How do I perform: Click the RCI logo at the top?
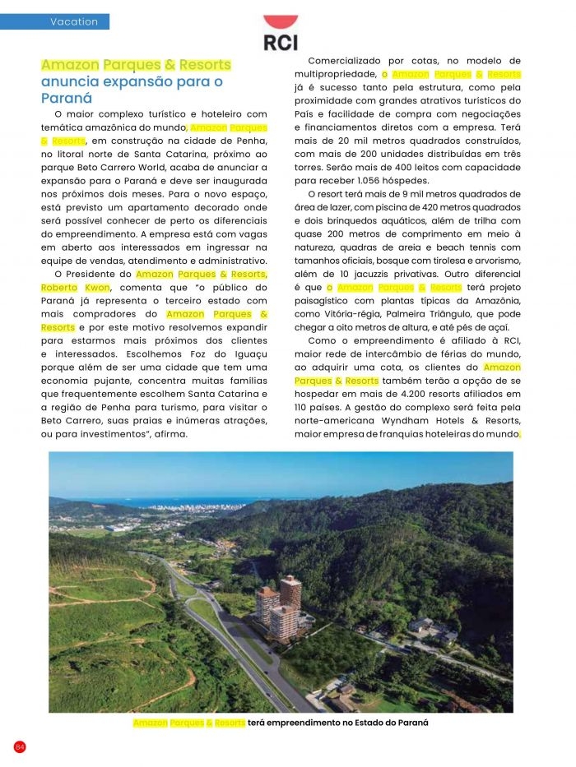coord(281,35)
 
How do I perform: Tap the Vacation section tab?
coord(74,22)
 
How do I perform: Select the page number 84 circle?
coord(20,746)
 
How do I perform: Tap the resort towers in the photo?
coord(281,608)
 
